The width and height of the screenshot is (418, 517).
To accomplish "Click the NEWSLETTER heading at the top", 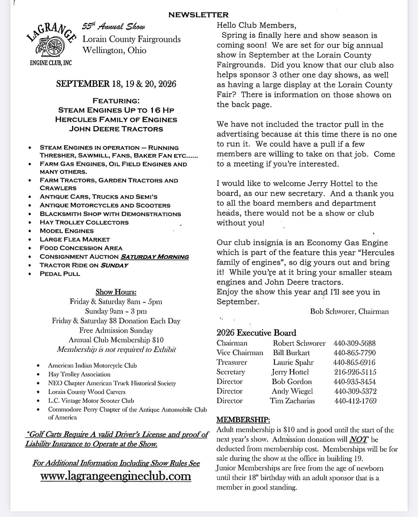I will coord(198,15).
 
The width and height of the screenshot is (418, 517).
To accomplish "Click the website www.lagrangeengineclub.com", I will coord(116,476).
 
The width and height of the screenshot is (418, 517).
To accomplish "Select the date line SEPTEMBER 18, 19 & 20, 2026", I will coord(116,84).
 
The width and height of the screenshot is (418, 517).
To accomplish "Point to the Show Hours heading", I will coord(116,292).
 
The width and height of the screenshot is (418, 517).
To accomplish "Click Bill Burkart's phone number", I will coord(354,353).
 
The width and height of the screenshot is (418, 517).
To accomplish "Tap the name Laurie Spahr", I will coord(293,363).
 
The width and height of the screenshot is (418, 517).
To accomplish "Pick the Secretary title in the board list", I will coord(231,372).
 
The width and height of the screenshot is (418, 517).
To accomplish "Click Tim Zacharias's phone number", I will coord(355,401).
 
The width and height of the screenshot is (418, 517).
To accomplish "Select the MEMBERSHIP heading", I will coord(243,420).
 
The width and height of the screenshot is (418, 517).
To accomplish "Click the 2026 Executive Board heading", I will coord(256,333).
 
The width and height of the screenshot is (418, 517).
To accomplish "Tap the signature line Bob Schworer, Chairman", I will coord(349,311).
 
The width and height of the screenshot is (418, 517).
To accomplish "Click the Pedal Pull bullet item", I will coord(60,274).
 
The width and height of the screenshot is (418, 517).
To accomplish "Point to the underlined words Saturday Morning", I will coord(154,257).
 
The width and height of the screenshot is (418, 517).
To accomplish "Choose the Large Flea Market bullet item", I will coord(75,240).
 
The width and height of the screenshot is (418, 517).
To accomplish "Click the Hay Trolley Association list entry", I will coord(79,374).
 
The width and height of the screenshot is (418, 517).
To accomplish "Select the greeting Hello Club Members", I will coord(256,25).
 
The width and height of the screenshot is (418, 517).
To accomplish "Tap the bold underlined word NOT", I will coord(358,439).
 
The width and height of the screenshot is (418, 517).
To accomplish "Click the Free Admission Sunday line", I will coord(116,330).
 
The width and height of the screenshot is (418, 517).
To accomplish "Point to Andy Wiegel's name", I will coord(292,391).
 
